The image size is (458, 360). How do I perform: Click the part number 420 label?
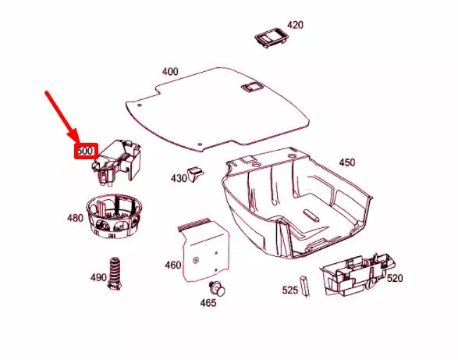point(295,25)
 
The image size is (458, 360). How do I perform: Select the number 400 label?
point(169,72)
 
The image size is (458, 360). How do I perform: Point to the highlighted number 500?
point(85,150)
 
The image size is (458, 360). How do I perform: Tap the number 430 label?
point(179,178)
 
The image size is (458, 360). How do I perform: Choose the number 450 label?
point(346,162)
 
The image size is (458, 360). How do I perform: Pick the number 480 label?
point(75,218)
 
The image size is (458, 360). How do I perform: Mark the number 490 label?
point(98,277)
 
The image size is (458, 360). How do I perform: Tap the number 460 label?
point(172,265)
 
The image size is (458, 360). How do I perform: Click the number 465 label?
point(208,303)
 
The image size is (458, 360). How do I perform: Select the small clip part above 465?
point(218,287)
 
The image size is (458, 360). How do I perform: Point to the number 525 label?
point(290,290)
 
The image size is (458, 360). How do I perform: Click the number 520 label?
point(395,278)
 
